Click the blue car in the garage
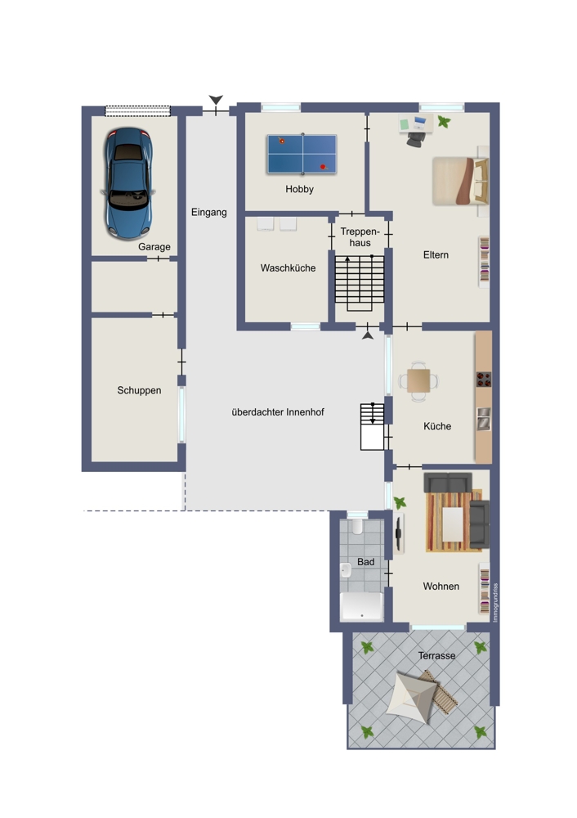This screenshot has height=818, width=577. pyautogui.click(x=128, y=183)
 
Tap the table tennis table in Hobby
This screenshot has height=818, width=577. pyautogui.click(x=302, y=154)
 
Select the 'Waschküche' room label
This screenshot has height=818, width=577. pyautogui.click(x=288, y=268)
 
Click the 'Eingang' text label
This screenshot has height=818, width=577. pyautogui.click(x=208, y=213)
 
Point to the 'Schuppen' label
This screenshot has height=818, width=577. pyautogui.click(x=139, y=390)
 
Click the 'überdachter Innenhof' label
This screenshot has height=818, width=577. pyautogui.click(x=278, y=412)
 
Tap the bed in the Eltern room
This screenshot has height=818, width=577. pyautogui.click(x=461, y=181)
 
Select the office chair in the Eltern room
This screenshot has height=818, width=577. pyautogui.click(x=415, y=139)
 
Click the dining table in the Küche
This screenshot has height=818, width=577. pyautogui.click(x=418, y=381)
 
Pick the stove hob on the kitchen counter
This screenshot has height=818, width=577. pyautogui.click(x=484, y=380)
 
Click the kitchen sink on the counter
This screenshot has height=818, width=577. pyautogui.click(x=484, y=419)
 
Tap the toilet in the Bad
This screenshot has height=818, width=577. pyautogui.click(x=357, y=526)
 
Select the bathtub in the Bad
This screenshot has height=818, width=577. pyautogui.click(x=361, y=606)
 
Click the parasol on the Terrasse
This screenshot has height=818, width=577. pyautogui.click(x=411, y=697)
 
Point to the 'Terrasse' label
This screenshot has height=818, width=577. pyautogui.click(x=436, y=656)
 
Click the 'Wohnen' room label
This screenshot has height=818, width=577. pyautogui.click(x=441, y=587)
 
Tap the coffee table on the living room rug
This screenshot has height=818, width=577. pyautogui.click(x=453, y=524)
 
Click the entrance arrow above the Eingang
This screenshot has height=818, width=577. pyautogui.click(x=216, y=100)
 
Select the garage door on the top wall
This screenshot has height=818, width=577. pyautogui.click(x=137, y=111)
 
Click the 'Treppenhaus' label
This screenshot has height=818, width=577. pyautogui.click(x=360, y=237)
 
